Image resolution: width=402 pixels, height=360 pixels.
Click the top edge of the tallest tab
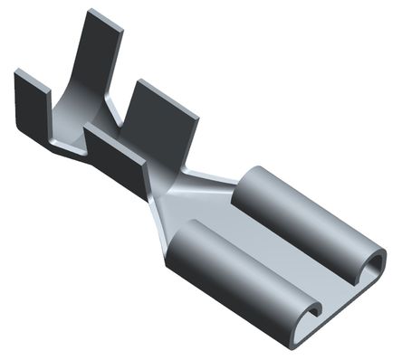pos(103,16)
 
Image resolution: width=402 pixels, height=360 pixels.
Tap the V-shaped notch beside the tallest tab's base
pos(116,116)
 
